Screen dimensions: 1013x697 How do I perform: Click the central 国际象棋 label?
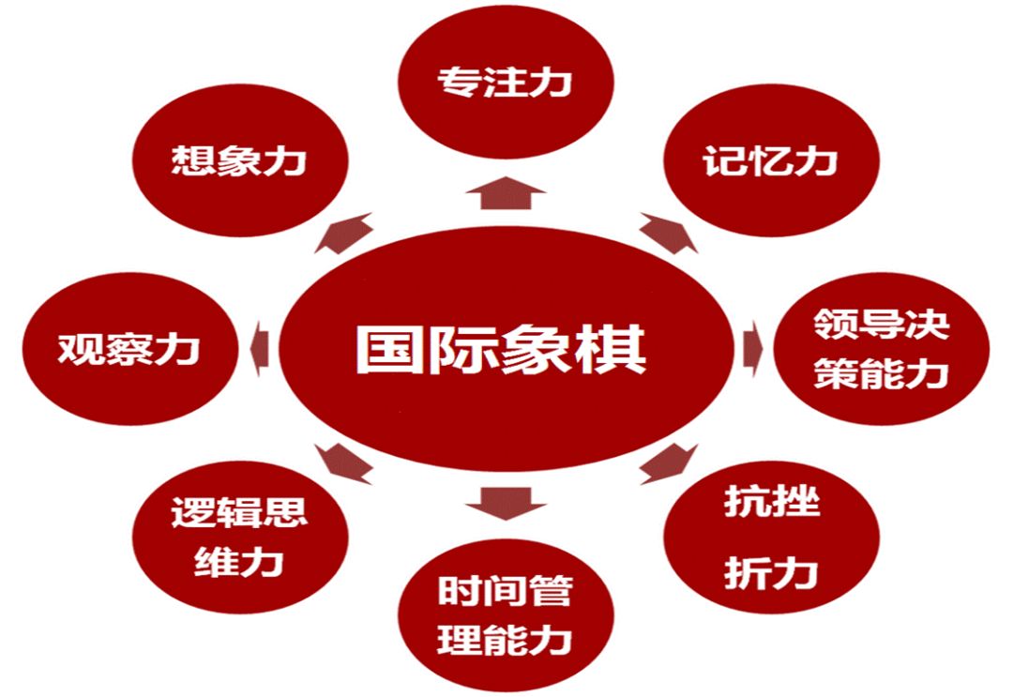pyautogui.click(x=501, y=350)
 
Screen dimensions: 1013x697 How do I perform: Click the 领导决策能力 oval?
pyautogui.click(x=880, y=350)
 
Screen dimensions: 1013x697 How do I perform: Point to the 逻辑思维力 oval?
pyautogui.click(x=239, y=537)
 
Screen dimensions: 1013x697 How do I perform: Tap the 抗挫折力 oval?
pyautogui.click(x=771, y=537)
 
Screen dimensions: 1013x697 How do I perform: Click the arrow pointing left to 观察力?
pyautogui.click(x=262, y=348)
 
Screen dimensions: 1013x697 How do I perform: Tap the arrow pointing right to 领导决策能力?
pyautogui.click(x=751, y=348)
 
